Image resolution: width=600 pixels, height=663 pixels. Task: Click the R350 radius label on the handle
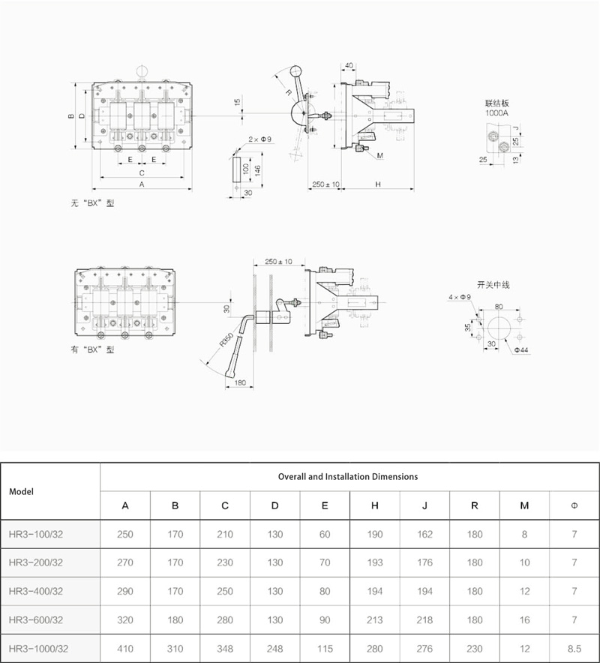coord(227,340)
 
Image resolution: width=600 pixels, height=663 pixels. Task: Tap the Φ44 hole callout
coord(521,349)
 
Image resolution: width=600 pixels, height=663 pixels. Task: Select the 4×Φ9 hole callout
coord(460,297)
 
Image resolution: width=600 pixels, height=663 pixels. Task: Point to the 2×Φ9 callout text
coord(259,139)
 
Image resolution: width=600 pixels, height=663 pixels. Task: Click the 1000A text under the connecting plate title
coord(496,113)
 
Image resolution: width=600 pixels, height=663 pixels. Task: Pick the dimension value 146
coord(257,170)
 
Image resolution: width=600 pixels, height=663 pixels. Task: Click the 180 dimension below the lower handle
coord(240,382)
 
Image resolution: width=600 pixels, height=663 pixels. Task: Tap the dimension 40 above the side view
coord(349,65)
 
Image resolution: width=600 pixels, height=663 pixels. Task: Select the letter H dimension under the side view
coord(378,184)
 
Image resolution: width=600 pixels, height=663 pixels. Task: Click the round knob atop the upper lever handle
coord(295,70)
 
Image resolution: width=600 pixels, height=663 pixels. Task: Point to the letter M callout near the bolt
coord(379,155)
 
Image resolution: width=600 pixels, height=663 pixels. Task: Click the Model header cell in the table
coord(21,492)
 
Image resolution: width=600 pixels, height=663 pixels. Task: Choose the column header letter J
coord(424,505)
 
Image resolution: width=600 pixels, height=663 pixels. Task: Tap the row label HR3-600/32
coord(35,619)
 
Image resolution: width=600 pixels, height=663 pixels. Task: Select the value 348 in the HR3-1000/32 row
coord(225,649)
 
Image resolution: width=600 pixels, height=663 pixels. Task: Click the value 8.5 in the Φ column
coord(574,649)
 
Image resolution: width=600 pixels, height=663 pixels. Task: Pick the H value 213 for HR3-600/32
coord(375,619)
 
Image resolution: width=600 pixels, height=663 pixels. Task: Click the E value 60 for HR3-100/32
coord(325,534)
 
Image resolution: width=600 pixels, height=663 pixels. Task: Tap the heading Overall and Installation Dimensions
coord(347,476)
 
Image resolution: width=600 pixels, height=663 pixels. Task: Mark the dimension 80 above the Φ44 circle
coord(499,307)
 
